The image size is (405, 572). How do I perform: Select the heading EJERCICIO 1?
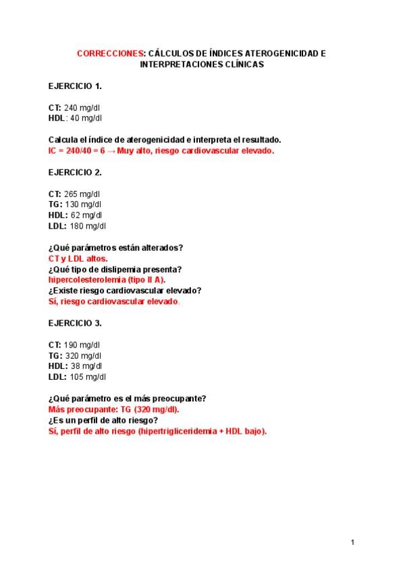75,86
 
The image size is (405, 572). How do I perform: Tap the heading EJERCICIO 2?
75,172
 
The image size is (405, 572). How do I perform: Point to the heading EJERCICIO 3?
75,323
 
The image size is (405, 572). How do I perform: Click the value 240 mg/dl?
82,108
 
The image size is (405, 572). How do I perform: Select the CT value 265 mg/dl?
82,194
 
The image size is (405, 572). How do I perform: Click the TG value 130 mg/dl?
83,204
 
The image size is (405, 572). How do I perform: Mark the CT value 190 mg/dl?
82,345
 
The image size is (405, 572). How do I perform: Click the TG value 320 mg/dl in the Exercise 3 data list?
83,355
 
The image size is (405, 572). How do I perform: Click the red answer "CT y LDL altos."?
78,258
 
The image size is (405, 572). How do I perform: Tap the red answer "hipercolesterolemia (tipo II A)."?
107,279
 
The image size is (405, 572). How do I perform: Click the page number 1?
353,542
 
